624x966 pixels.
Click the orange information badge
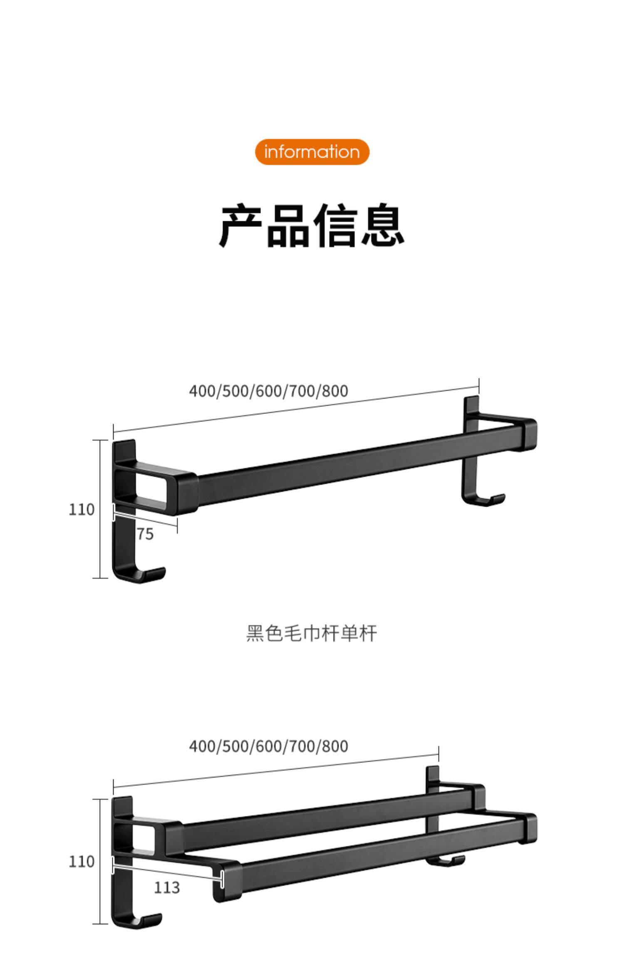pyautogui.click(x=312, y=152)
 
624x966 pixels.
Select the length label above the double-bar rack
pyautogui.click(x=268, y=746)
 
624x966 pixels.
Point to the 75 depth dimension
pyautogui.click(x=145, y=534)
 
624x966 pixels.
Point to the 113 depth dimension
pyautogui.click(x=167, y=888)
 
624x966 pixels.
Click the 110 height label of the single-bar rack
pyautogui.click(x=82, y=510)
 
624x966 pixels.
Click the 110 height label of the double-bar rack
pyautogui.click(x=82, y=862)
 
